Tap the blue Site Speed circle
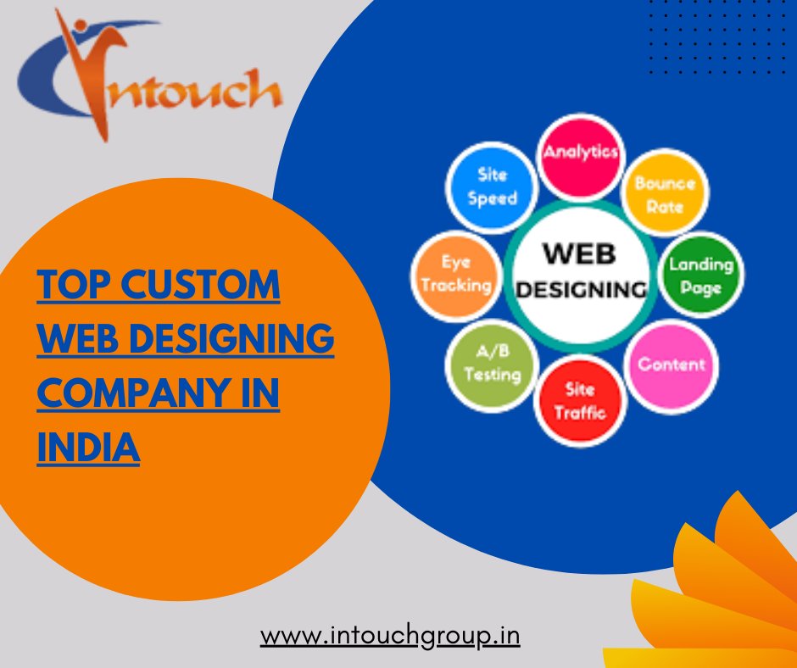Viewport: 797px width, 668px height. click(x=492, y=186)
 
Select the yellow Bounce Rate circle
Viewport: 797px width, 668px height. click(x=664, y=194)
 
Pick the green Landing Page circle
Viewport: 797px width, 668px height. click(x=700, y=276)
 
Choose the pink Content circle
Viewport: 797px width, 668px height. click(x=671, y=365)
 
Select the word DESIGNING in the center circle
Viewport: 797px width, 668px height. click(x=581, y=289)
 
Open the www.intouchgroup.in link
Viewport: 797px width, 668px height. click(x=390, y=635)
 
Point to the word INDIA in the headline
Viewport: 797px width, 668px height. click(x=88, y=447)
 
